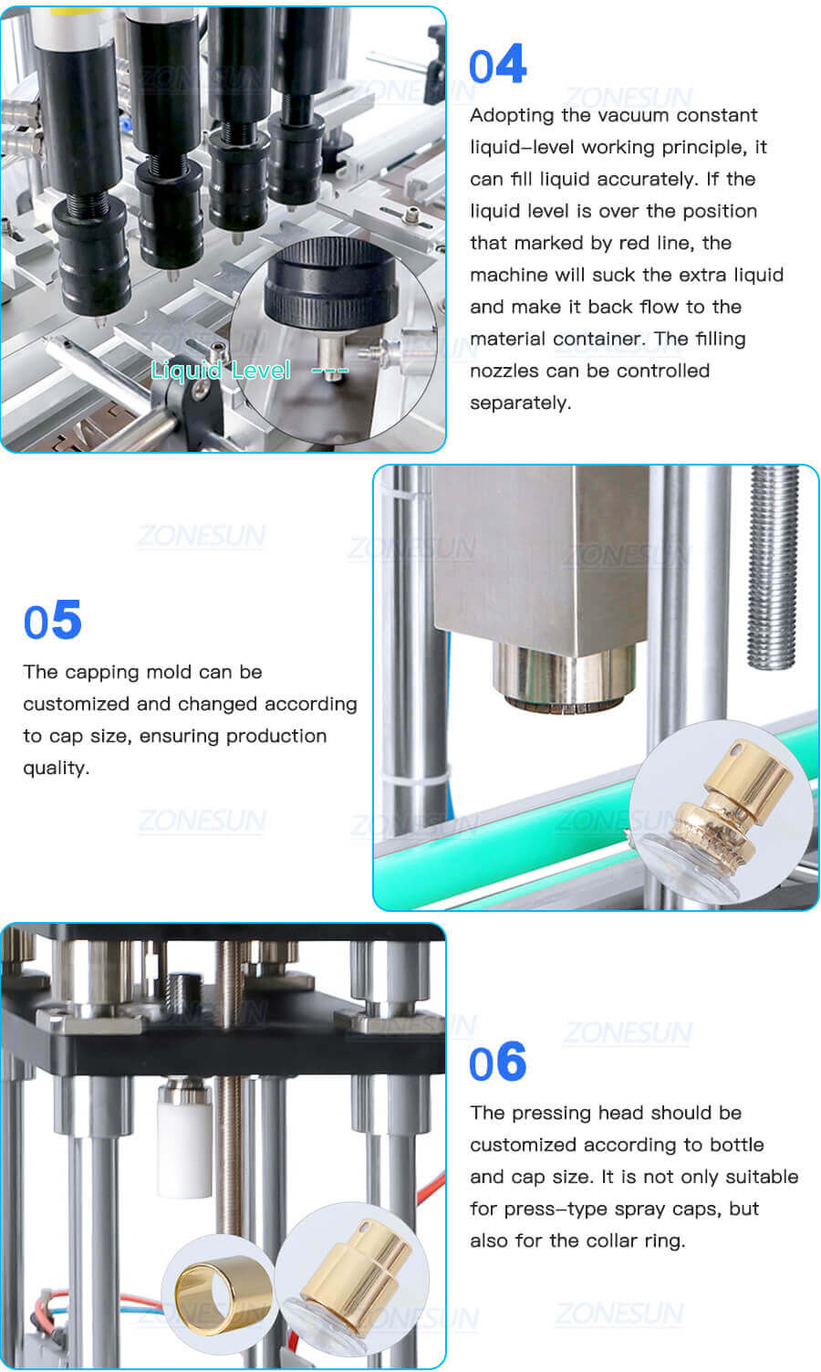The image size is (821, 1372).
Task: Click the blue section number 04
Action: pyautogui.click(x=497, y=66)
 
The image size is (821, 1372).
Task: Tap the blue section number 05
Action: pyautogui.click(x=53, y=622)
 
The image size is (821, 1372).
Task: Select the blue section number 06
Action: pyautogui.click(x=497, y=1063)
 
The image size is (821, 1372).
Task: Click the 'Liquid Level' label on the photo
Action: pyautogui.click(x=221, y=370)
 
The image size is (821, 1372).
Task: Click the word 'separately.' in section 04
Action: pyautogui.click(x=520, y=403)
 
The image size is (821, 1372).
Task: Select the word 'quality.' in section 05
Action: pyautogui.click(x=56, y=768)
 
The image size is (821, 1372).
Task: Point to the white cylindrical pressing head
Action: pyautogui.click(x=184, y=1141)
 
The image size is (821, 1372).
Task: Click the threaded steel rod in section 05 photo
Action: pyautogui.click(x=772, y=566)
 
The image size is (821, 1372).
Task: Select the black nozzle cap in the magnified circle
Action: pyautogui.click(x=330, y=288)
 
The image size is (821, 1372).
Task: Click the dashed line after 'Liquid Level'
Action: pyautogui.click(x=329, y=371)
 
